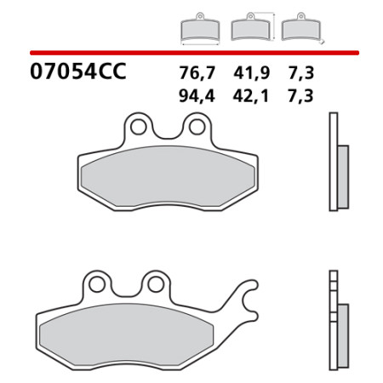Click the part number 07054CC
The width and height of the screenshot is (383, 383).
coord(78,71)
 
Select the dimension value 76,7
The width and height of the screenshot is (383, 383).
coord(197,73)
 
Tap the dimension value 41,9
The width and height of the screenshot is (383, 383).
coord(251,73)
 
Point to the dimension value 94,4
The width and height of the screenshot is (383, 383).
coord(197,96)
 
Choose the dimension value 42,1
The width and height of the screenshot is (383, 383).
coord(250,96)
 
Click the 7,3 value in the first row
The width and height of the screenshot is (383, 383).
coord(301,73)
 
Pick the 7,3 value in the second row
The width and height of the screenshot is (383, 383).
coord(300,96)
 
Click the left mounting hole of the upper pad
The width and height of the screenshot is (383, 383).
coord(139,127)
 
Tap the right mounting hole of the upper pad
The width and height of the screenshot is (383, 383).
coord(197,127)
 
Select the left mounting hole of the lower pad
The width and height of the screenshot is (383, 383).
coord(97,284)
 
